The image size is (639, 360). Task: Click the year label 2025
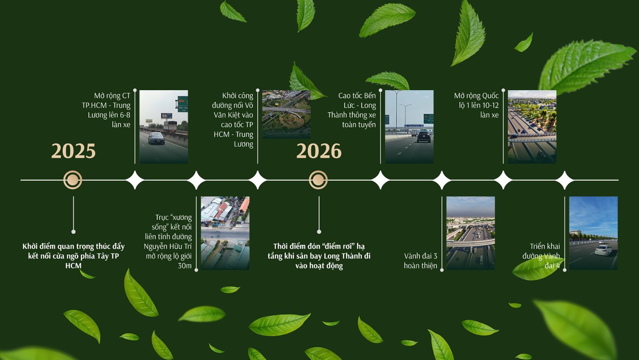[x=73, y=151]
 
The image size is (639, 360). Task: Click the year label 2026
[x=319, y=151]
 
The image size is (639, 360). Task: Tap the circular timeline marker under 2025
[x=73, y=180]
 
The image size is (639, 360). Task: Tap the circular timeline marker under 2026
[x=318, y=180]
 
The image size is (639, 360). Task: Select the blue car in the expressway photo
[x=156, y=138]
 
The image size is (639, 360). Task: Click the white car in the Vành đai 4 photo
[x=604, y=250]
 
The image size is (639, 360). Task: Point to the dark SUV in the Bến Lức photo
[x=424, y=137]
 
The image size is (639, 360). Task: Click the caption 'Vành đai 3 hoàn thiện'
[x=421, y=261]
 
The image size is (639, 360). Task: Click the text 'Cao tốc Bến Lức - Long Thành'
[x=352, y=110]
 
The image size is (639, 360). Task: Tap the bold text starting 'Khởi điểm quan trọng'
[x=73, y=256]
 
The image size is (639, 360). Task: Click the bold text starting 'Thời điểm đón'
[x=319, y=256]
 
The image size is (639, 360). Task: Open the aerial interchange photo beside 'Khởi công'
[x=287, y=114]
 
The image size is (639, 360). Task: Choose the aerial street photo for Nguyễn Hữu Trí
[x=225, y=233]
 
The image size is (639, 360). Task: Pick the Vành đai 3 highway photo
[x=471, y=233]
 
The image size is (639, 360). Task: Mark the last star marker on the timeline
[x=565, y=180]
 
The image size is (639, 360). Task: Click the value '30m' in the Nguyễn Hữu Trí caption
[x=185, y=266]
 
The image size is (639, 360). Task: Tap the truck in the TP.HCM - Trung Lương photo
[x=170, y=127]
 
